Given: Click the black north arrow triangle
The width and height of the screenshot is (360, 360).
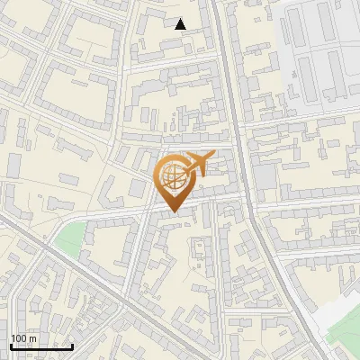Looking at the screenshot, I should [181, 23].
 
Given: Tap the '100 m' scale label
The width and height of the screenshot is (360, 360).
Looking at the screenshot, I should [23, 338].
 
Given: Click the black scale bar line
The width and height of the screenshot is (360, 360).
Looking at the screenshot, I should [42, 346].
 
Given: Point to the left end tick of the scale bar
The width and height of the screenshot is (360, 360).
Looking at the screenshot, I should [12, 344].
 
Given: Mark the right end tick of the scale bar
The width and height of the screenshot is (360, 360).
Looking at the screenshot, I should [73, 344].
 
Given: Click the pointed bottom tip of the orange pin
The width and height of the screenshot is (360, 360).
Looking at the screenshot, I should [172, 211].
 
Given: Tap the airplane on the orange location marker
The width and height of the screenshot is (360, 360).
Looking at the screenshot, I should [198, 163].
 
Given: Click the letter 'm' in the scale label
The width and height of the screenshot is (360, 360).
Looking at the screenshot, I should [32, 338].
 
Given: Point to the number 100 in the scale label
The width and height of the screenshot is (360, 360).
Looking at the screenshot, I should [19, 338].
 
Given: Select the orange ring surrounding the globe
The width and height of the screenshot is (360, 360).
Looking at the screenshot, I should [159, 176].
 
